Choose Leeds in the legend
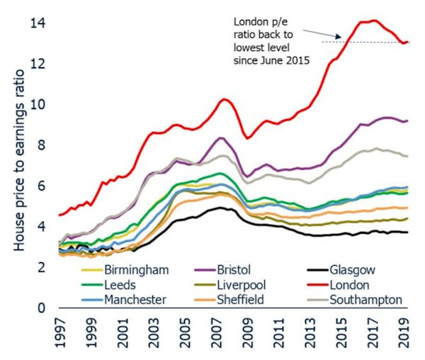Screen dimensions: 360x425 122,286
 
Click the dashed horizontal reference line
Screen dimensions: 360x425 368,43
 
